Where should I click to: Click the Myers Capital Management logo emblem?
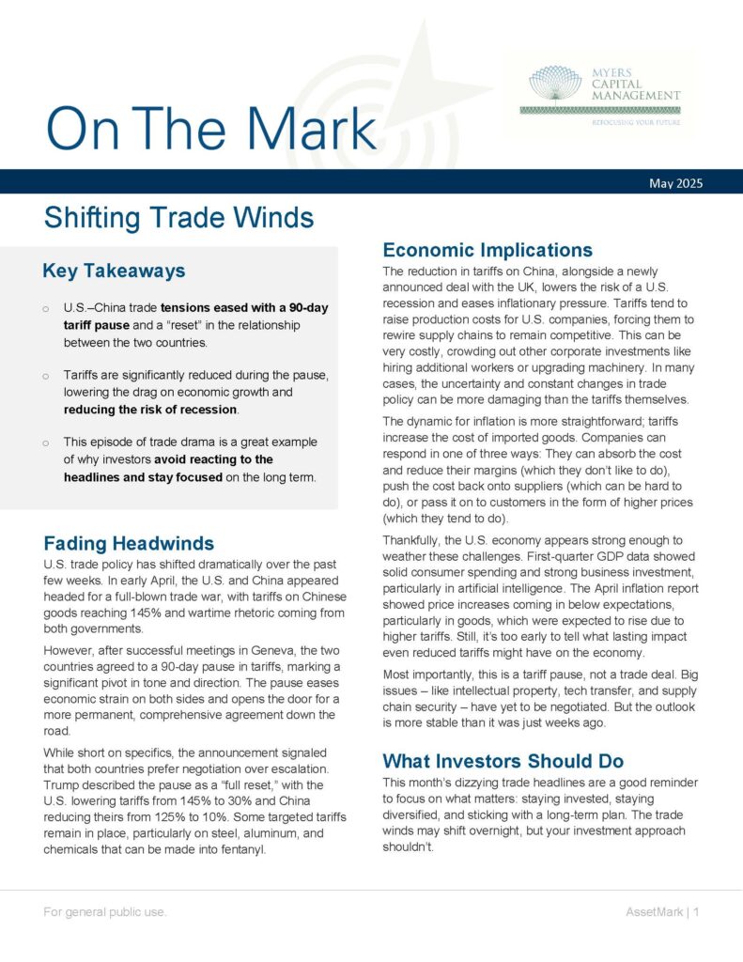(555, 84)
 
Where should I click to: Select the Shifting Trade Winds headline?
(178, 219)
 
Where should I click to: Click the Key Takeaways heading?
(114, 272)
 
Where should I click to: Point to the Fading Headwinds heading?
(129, 543)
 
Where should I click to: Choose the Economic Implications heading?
(488, 250)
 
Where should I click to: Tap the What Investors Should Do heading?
(503, 761)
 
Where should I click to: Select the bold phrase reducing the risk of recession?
(151, 410)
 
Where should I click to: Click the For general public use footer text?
(105, 912)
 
